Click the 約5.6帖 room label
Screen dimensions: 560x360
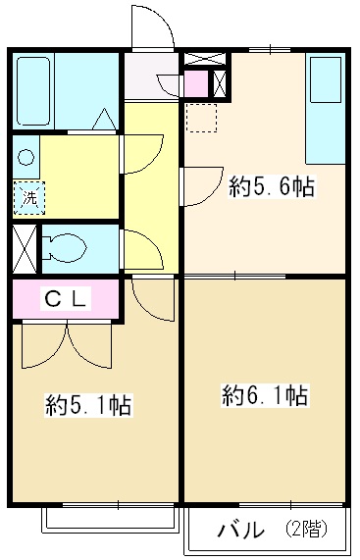point(272,186)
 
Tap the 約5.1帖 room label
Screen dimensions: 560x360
point(89,405)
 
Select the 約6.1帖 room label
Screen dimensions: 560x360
point(265,396)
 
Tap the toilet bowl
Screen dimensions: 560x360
point(69,249)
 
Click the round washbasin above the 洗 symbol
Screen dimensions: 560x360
point(26,156)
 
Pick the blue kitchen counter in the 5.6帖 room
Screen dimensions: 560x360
point(323,108)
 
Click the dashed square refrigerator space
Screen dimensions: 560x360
point(203,117)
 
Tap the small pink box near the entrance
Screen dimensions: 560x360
point(196,84)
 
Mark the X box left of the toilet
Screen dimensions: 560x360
point(25,249)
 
